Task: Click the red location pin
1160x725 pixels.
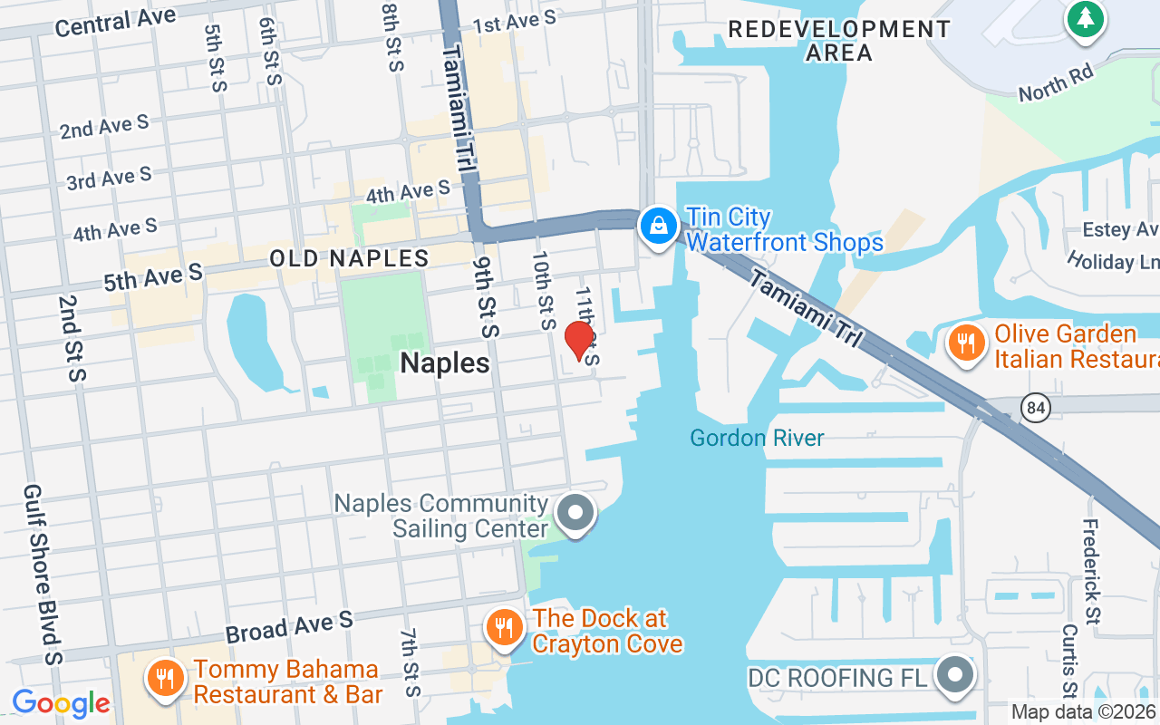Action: tap(578, 341)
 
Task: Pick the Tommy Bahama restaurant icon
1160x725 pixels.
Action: tap(164, 679)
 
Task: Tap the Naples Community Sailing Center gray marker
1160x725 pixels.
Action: tap(575, 513)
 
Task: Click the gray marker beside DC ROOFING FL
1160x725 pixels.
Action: tap(954, 675)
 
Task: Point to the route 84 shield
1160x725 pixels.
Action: tap(1035, 408)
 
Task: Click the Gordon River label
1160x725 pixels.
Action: tap(757, 439)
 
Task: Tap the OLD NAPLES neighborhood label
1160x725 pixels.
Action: tap(349, 258)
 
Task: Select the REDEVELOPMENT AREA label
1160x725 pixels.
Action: tap(839, 41)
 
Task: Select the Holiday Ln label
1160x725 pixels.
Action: tap(1113, 262)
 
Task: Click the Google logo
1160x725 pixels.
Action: tap(61, 702)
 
